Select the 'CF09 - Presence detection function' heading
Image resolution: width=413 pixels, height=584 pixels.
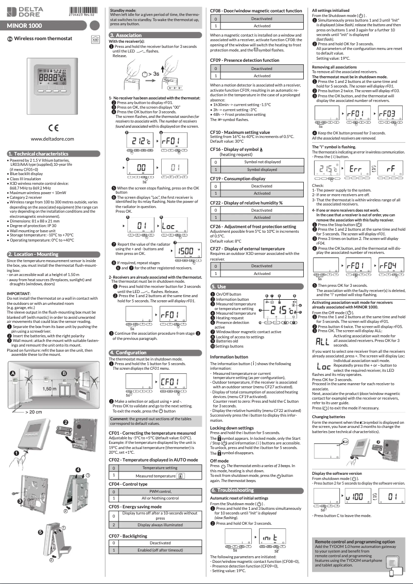(245, 60)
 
